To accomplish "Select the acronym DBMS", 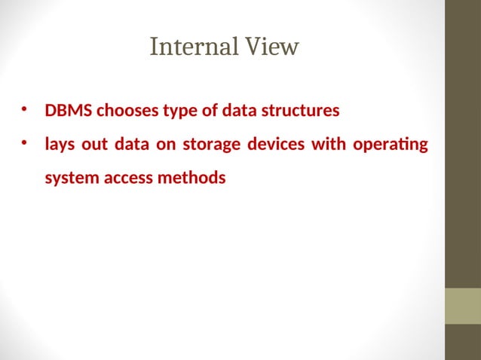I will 69,111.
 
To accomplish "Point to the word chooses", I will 123,111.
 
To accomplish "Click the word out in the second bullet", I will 95,144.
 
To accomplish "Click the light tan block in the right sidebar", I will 463,306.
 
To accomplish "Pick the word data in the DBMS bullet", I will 240,111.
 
